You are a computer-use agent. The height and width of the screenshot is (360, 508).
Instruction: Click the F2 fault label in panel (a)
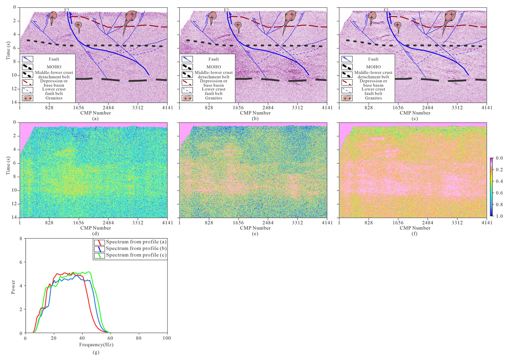click(x=67, y=10)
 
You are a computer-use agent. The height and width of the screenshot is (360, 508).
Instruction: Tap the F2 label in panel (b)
click(x=226, y=10)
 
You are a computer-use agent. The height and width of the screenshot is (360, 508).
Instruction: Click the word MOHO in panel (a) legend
click(x=54, y=67)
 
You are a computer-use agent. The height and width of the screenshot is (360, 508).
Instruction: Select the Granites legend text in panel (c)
click(x=373, y=98)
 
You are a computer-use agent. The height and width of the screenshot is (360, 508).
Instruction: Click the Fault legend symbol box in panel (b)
click(x=187, y=59)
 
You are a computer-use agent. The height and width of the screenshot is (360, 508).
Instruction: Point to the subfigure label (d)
click(x=95, y=234)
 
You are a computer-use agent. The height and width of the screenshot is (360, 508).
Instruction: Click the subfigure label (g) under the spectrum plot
click(x=96, y=352)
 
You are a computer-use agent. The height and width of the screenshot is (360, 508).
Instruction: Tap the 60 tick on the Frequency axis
click(x=110, y=338)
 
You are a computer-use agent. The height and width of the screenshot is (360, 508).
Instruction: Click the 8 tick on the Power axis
click(x=21, y=238)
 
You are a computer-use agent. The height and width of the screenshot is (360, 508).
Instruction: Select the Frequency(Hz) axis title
click(x=96, y=344)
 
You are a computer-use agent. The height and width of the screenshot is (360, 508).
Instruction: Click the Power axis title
click(x=13, y=287)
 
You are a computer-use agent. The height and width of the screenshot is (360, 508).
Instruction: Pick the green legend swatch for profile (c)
click(x=99, y=255)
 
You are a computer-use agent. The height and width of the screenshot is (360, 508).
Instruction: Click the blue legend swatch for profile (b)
click(x=99, y=249)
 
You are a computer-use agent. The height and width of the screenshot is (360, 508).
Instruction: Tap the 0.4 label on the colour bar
click(x=499, y=181)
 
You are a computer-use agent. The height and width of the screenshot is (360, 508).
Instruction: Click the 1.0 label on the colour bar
click(x=499, y=216)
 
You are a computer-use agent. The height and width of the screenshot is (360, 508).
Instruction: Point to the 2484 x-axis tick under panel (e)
click(x=268, y=223)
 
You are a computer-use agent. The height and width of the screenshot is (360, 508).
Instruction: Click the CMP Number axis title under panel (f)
click(x=415, y=228)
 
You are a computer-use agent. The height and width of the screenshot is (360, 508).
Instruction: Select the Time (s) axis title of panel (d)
click(x=8, y=166)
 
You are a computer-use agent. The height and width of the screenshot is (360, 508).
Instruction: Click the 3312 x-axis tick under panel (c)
click(x=457, y=108)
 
